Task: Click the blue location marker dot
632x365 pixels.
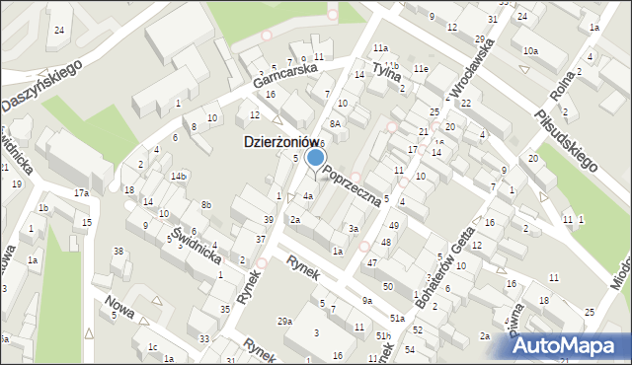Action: tap(316, 157)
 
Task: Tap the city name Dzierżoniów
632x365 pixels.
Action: tap(285, 142)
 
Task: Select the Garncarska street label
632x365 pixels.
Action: tap(283, 78)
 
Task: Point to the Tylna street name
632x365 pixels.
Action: tap(385, 71)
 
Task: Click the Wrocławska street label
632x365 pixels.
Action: tap(470, 66)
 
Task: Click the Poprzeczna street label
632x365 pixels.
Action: tap(352, 184)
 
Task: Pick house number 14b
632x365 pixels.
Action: tap(178, 176)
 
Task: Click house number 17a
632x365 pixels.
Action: tap(81, 193)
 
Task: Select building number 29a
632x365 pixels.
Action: tap(284, 322)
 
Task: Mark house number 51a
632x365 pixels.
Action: tap(397, 319)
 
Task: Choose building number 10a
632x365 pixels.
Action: tap(530, 50)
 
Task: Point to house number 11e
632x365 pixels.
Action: tap(421, 68)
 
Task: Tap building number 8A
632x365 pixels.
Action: tap(335, 124)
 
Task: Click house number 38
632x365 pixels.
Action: tap(118, 251)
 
